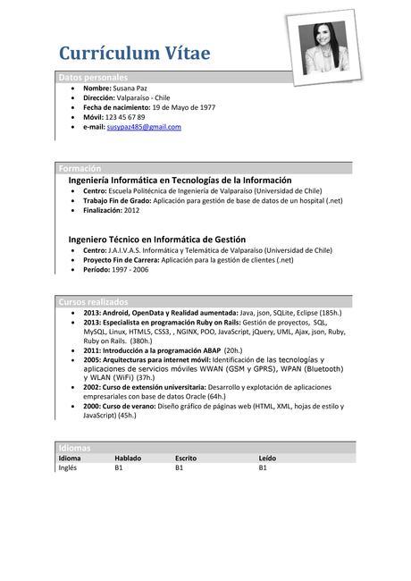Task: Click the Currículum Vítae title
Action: tap(135, 54)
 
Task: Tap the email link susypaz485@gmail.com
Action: tap(144, 127)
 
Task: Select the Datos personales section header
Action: tap(93, 78)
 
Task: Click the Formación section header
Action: tap(80, 168)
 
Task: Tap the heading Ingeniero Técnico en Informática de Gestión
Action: tap(156, 240)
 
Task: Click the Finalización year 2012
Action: tap(131, 210)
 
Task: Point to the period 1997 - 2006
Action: tap(129, 269)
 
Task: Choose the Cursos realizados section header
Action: tap(93, 302)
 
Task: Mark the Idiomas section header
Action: tap(74, 447)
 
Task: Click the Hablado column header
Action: tap(128, 458)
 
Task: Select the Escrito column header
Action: tap(187, 458)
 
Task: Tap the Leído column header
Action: tap(268, 458)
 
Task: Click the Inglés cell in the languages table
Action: tap(68, 467)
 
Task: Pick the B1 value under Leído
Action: tap(264, 467)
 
